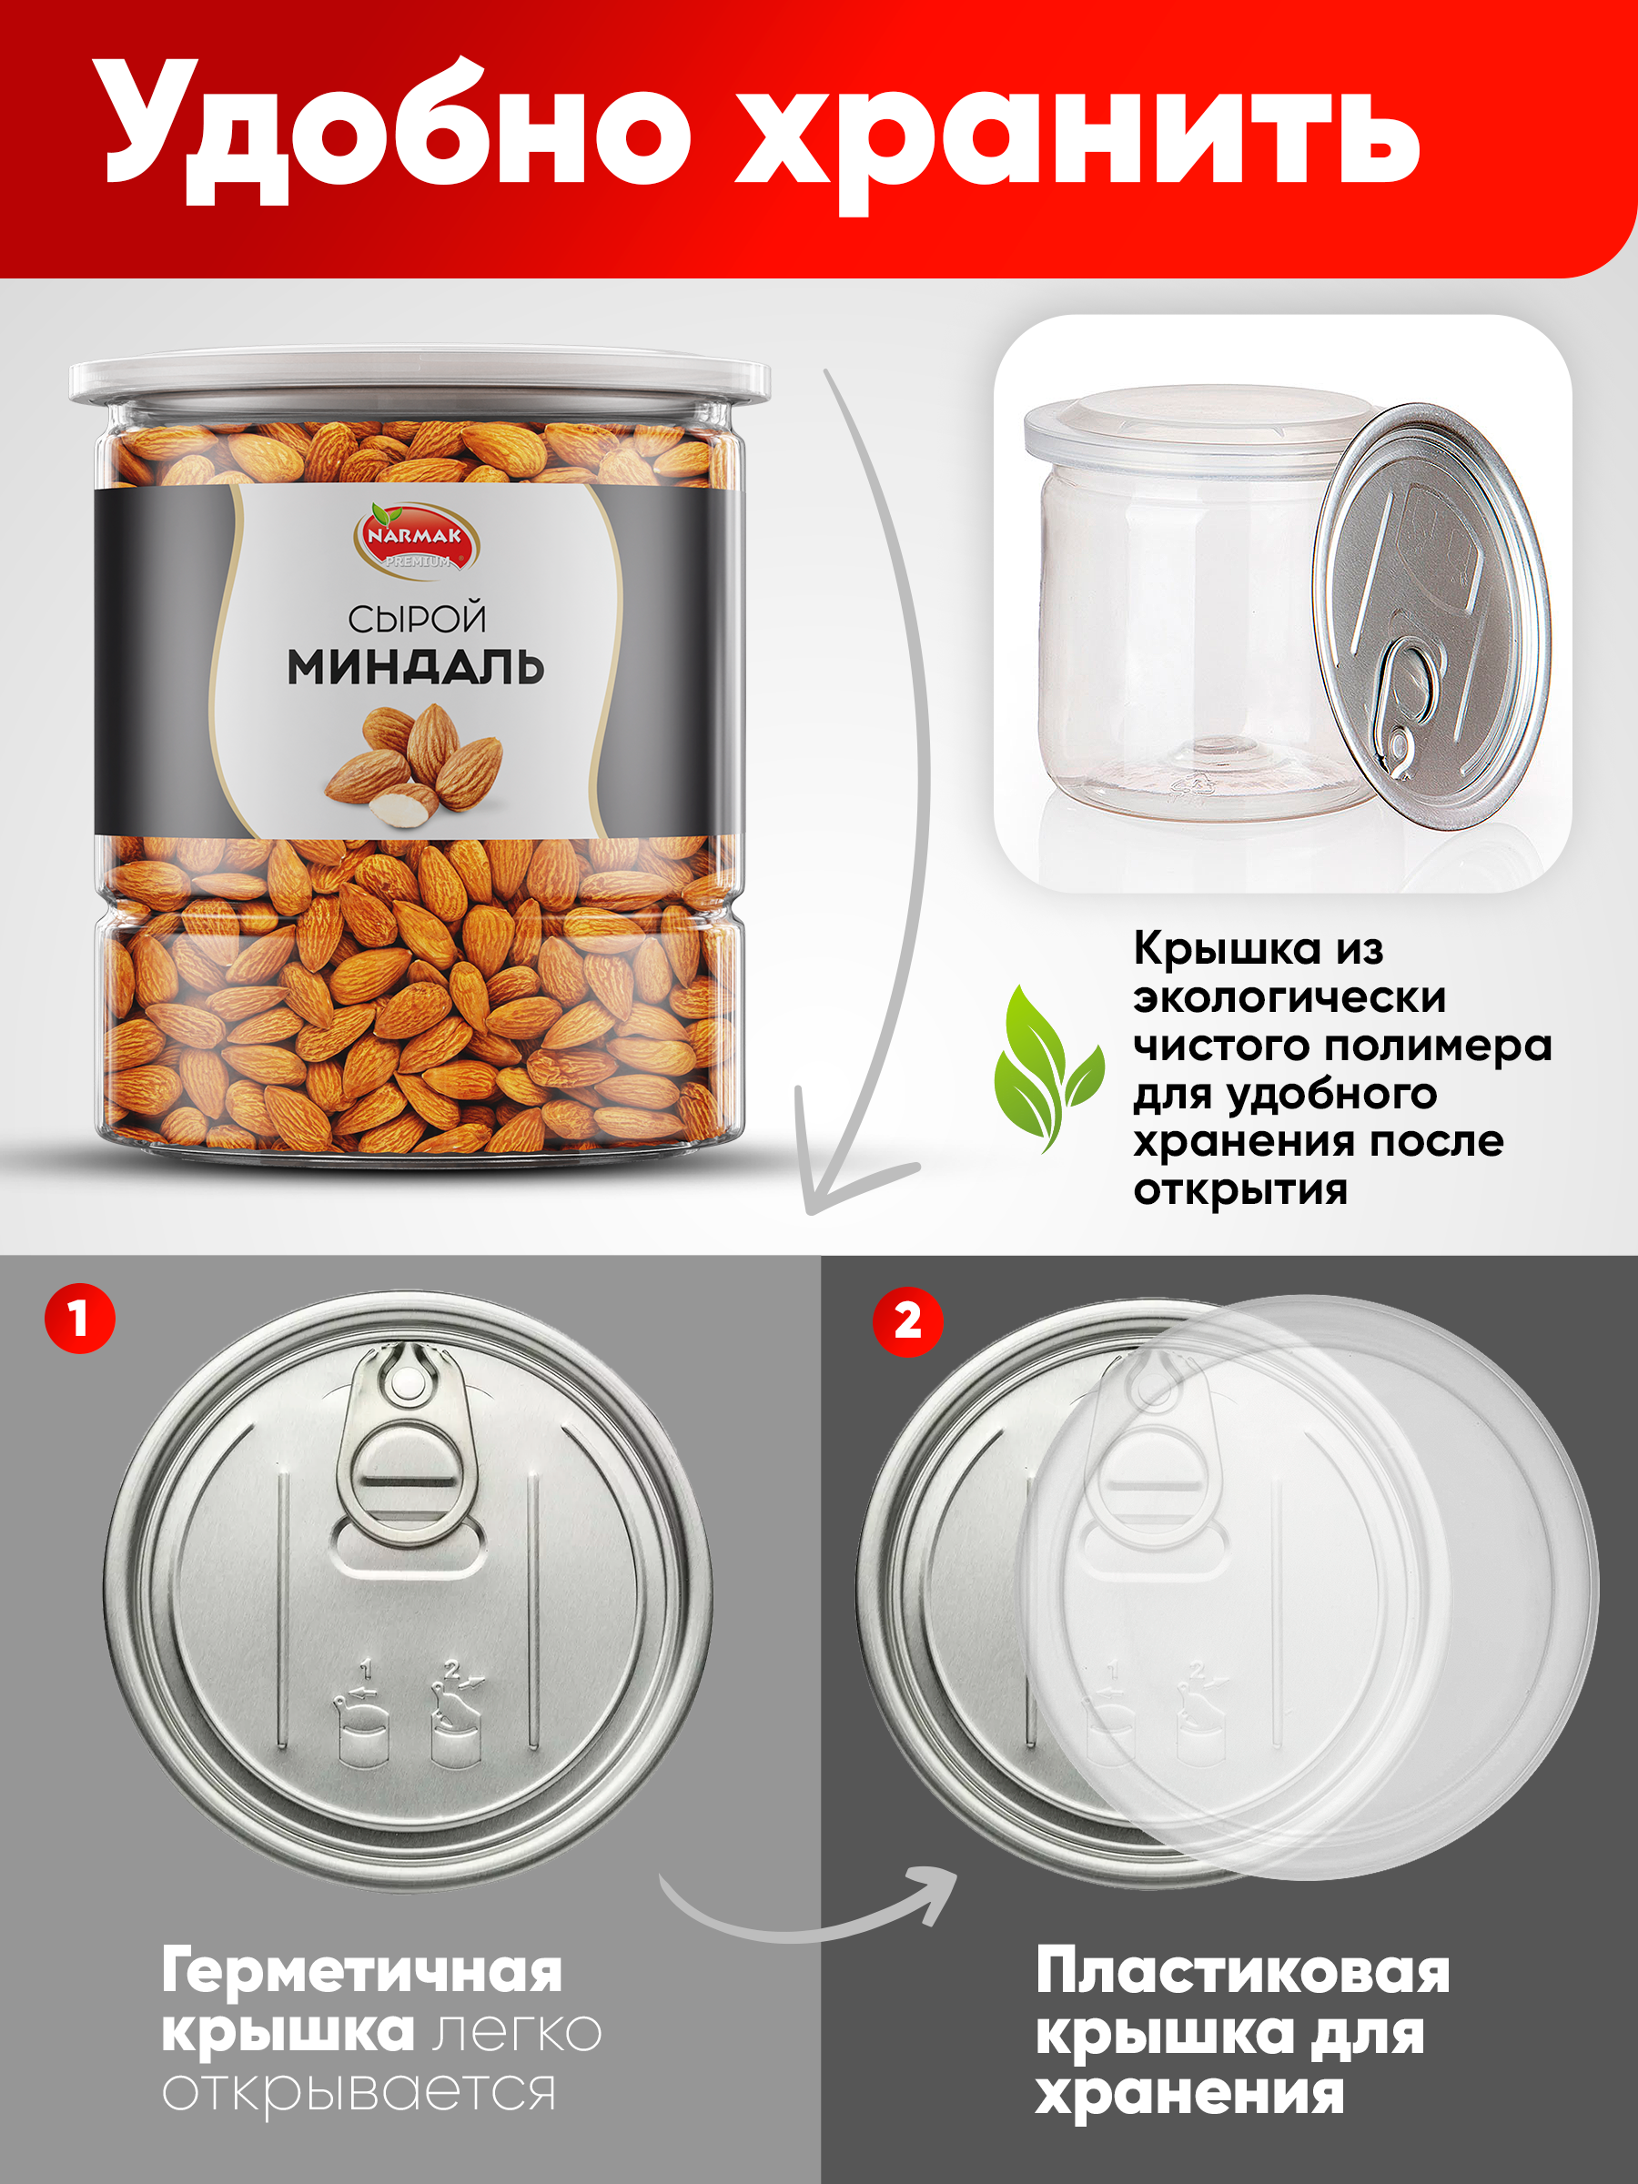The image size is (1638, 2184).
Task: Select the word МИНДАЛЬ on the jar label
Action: (416, 669)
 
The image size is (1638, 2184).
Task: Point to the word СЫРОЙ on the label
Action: (417, 619)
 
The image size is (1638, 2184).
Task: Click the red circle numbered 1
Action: (80, 1318)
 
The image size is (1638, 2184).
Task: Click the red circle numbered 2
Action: (907, 1320)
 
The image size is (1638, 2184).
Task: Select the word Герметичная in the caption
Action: (361, 1971)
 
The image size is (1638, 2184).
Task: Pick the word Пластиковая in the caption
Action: (1242, 1971)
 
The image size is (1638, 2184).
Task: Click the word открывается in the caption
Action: (359, 2091)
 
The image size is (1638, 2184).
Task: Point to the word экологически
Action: (1289, 997)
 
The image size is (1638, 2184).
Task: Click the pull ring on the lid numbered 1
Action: (408, 1461)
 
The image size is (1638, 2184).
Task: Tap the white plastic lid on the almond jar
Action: (419, 380)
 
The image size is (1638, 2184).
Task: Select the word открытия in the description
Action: (1240, 1189)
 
